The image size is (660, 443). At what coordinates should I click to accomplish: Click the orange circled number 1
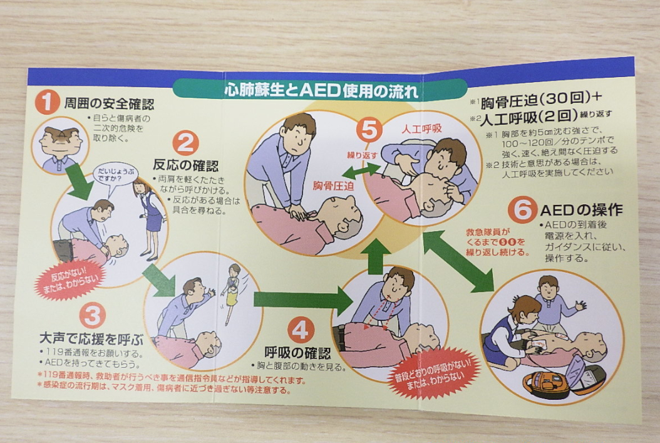click(x=47, y=102)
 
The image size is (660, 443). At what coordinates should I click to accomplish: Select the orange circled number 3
click(x=92, y=316)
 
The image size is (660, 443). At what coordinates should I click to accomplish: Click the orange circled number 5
click(x=369, y=129)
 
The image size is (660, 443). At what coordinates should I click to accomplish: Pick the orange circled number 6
click(x=522, y=209)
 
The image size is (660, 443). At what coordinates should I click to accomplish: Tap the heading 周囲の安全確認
click(x=109, y=103)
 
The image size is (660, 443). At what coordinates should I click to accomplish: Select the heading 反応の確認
click(x=185, y=165)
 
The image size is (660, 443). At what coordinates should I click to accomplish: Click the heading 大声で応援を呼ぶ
click(x=91, y=338)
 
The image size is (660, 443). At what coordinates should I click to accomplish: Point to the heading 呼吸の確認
click(x=297, y=353)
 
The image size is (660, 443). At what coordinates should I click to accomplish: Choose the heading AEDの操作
click(x=581, y=210)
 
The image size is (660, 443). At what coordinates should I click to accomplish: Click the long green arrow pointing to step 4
click(x=304, y=300)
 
